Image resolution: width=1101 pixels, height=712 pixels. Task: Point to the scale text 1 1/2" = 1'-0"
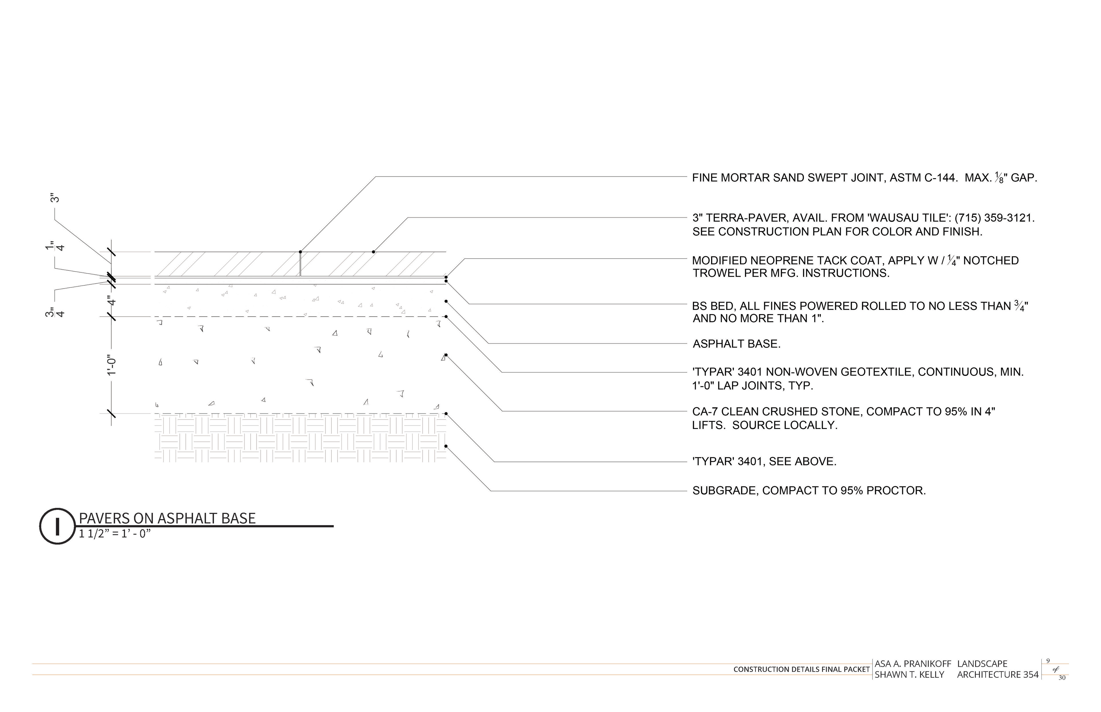tap(115, 534)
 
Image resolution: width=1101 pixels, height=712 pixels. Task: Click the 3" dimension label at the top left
tap(55, 198)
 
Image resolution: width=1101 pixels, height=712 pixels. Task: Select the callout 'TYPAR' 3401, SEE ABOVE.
tap(764, 461)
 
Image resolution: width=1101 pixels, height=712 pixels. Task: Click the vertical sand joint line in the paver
tap(301, 264)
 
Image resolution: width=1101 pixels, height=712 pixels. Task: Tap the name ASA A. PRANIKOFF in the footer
tap(913, 664)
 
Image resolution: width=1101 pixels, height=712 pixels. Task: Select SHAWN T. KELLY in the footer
tap(909, 675)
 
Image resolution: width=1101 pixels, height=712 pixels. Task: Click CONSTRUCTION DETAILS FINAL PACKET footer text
tap(801, 670)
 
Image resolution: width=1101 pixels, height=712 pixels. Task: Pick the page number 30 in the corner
tap(1062, 678)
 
